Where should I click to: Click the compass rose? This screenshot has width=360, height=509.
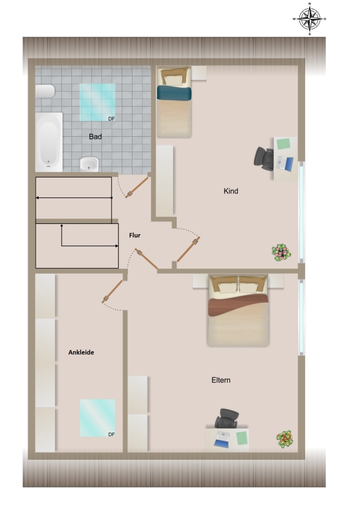pos(309,19)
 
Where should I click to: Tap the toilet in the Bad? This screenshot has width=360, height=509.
pos(45,91)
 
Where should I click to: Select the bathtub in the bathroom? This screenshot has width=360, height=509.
pos(49,142)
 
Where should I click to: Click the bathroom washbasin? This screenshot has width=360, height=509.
pos(89,164)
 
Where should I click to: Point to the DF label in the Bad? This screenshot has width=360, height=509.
pos(112,119)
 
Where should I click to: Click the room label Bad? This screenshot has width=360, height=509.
pos(95,137)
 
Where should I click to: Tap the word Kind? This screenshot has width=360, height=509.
pos(231,191)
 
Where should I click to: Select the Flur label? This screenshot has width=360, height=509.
pos(135,235)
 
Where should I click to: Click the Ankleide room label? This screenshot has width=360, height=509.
pos(81,352)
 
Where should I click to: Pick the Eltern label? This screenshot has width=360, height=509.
pos(221,380)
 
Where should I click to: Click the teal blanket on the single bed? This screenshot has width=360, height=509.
pos(174,93)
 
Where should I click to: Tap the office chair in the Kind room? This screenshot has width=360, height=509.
pos(264,159)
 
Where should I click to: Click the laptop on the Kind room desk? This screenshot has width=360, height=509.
pos(285,163)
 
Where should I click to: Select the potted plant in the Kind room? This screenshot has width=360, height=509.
pos(281,253)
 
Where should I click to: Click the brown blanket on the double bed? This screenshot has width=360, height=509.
pos(238,305)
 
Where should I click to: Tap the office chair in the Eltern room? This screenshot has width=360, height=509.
pos(226,418)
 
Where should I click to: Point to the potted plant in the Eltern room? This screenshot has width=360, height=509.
pos(285,439)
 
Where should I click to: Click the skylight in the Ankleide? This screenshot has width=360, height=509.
pos(97,418)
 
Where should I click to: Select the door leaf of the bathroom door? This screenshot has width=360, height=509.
pos(137,187)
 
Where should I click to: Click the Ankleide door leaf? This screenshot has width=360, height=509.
pos(112,291)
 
